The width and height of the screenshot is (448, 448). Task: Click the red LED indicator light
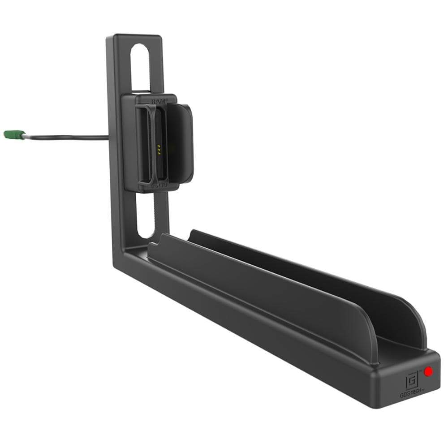[x=428, y=371]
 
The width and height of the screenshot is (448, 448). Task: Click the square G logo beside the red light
[x=411, y=381]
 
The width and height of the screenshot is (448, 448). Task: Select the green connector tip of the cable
[x=13, y=134]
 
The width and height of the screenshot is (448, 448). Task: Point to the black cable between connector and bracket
[x=67, y=137]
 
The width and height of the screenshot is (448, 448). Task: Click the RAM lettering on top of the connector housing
[x=159, y=102]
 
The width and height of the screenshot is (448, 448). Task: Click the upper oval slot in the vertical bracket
[x=140, y=67]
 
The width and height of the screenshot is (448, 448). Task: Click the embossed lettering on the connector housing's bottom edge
[x=160, y=185]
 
